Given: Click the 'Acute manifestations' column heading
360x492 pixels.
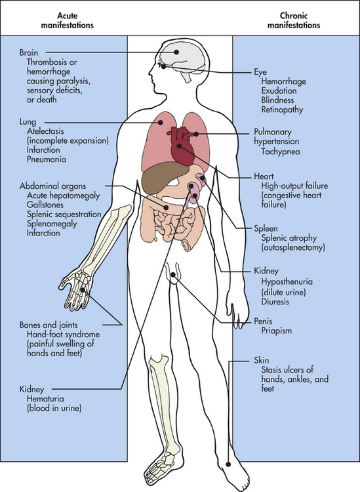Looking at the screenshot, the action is [67, 20].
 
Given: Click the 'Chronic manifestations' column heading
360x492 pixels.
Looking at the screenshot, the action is [294, 20].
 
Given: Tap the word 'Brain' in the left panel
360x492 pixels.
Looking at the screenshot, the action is [29, 52].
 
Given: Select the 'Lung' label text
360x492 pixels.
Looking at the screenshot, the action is [28, 122].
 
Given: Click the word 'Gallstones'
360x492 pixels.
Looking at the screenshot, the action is [45, 205].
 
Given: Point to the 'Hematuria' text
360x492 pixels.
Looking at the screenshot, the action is [45, 399].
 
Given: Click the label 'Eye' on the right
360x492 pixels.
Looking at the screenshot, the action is [260, 72].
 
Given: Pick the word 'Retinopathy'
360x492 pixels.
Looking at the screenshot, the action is [282, 110].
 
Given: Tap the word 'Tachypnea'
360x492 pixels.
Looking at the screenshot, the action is [281, 152].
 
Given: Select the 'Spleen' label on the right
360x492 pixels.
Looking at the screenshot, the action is [266, 229].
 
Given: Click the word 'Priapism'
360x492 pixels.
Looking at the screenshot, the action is [276, 331].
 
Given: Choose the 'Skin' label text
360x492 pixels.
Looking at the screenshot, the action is [261, 360].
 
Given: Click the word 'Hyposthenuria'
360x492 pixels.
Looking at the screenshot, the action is [287, 282].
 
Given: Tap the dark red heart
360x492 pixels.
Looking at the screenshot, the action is [182, 146].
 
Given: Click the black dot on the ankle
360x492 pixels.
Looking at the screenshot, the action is [228, 464].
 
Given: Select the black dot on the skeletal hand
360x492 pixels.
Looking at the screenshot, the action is [83, 290].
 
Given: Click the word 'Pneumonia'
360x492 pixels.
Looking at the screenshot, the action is [47, 159].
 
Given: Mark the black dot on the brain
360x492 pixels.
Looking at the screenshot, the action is [176, 52].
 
